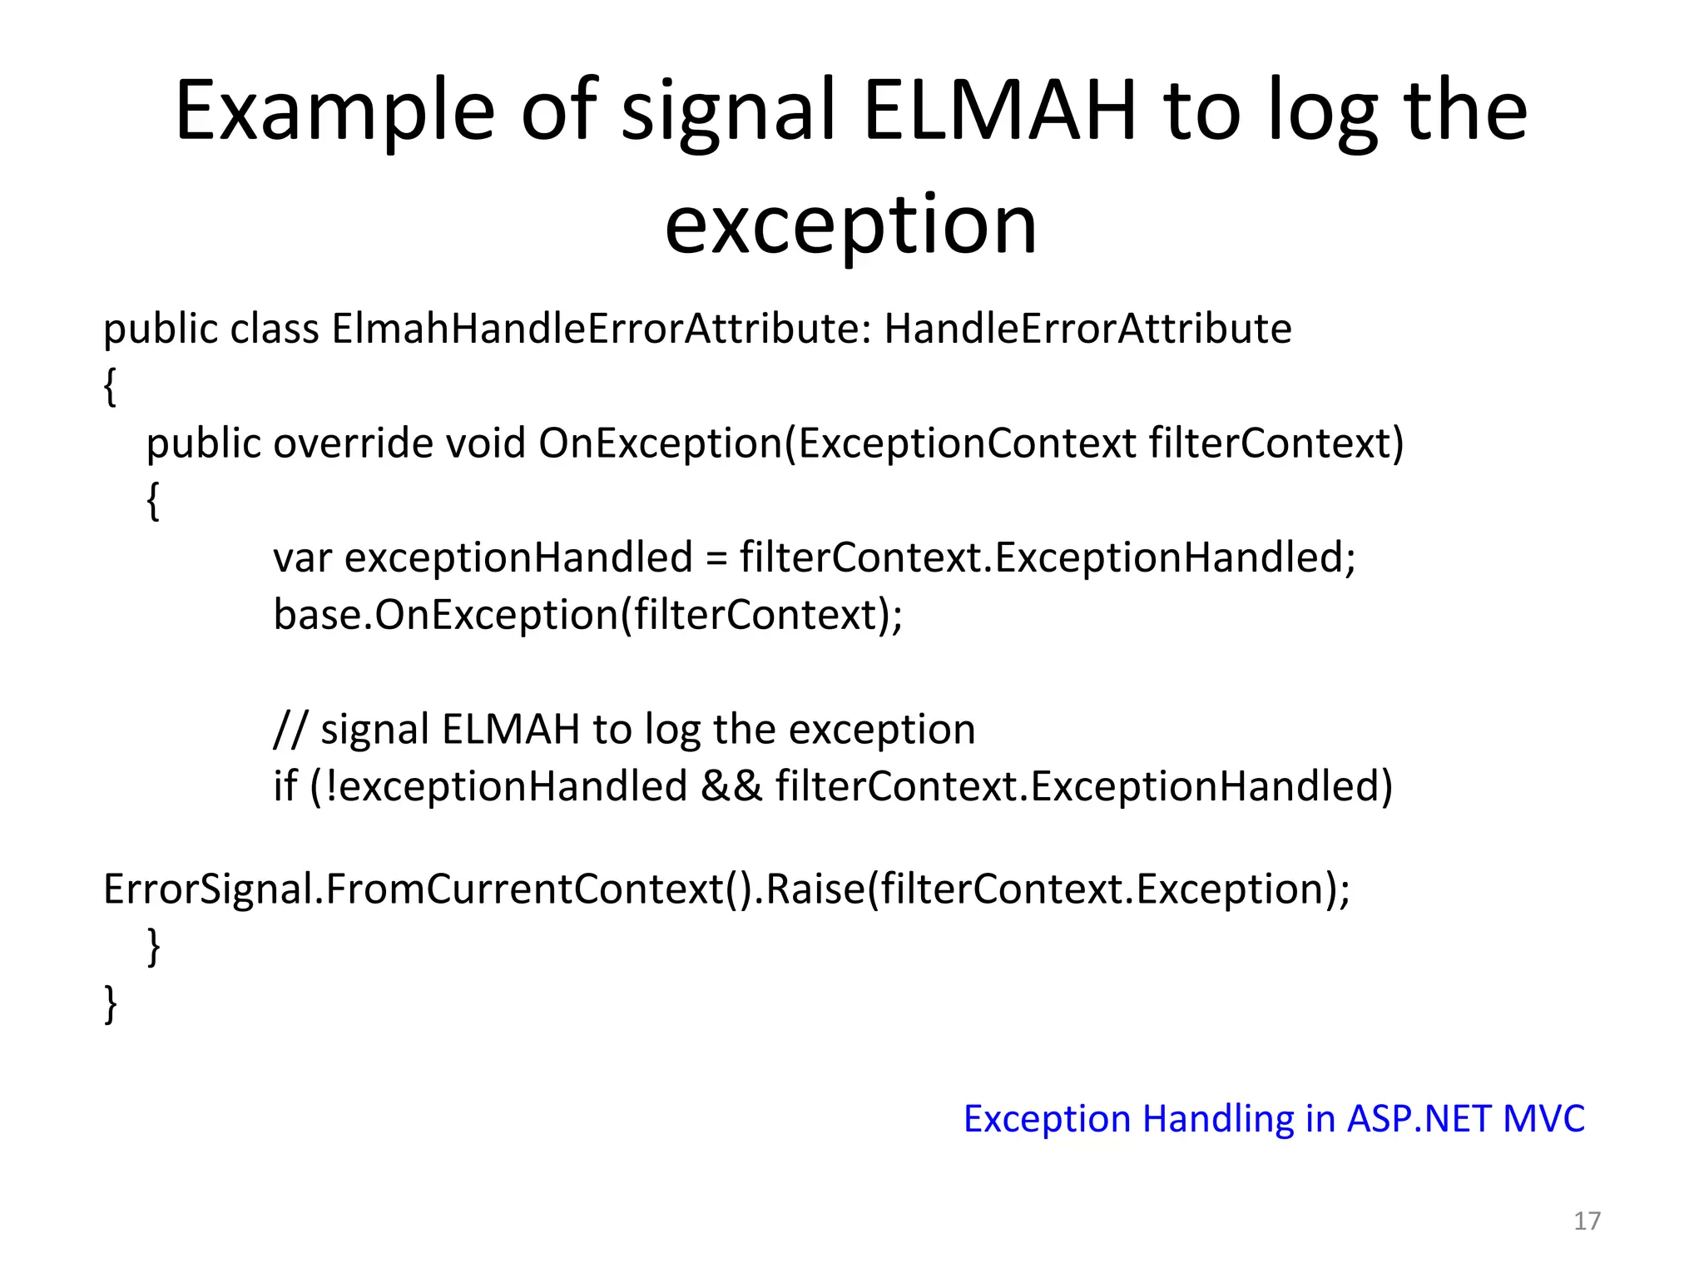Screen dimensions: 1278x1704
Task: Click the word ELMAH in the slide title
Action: point(999,111)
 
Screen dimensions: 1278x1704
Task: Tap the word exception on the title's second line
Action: point(851,225)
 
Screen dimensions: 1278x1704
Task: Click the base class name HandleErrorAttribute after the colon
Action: point(1087,329)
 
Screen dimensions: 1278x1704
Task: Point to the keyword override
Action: point(353,443)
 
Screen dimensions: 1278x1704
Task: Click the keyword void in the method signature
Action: point(485,443)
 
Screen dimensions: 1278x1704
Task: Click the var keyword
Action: point(302,557)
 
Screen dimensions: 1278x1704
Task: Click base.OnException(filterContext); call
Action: point(587,615)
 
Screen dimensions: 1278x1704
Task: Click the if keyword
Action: point(285,786)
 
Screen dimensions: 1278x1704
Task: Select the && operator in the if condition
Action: point(731,787)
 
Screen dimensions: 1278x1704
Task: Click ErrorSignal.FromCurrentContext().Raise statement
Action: point(726,889)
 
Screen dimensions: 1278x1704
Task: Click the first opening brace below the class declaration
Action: point(110,386)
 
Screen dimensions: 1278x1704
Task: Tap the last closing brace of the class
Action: point(110,1003)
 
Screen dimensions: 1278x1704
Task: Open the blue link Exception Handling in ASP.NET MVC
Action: point(1274,1119)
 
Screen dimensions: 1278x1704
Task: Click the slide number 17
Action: point(1587,1221)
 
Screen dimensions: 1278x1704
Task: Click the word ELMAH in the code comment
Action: point(510,730)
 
